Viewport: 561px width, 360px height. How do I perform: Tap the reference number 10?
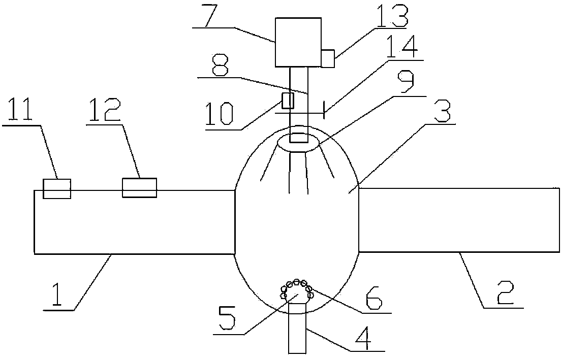(220, 114)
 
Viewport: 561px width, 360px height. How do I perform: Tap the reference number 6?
(374, 299)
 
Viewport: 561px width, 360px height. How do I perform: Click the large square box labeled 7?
(298, 42)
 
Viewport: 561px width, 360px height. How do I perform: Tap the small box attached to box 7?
(327, 58)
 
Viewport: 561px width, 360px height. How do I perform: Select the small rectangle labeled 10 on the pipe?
(288, 101)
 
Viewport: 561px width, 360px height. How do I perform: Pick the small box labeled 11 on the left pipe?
(57, 188)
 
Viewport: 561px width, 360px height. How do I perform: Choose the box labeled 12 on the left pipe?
(139, 188)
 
